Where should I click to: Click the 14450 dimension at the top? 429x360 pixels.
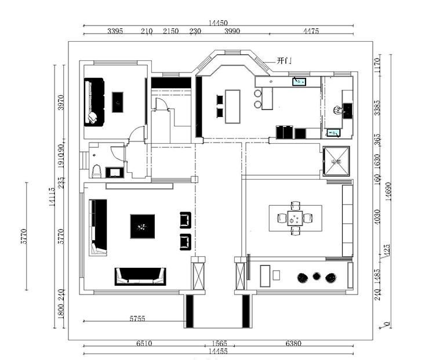point(218,21)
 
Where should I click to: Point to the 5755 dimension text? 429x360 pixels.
point(137,318)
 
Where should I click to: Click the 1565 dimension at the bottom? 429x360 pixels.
point(218,343)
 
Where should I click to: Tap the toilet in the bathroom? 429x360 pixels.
point(96,170)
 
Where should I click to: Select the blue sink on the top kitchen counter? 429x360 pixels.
point(299,81)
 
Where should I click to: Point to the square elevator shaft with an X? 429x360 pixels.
point(337,161)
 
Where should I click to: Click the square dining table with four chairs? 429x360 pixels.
point(295,218)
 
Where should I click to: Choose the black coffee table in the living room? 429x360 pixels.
point(142,226)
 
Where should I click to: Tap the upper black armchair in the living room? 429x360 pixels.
point(186,219)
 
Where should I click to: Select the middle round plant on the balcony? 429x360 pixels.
point(317,277)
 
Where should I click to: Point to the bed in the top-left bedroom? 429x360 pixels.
point(94,102)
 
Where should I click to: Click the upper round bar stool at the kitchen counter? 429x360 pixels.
point(257,93)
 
